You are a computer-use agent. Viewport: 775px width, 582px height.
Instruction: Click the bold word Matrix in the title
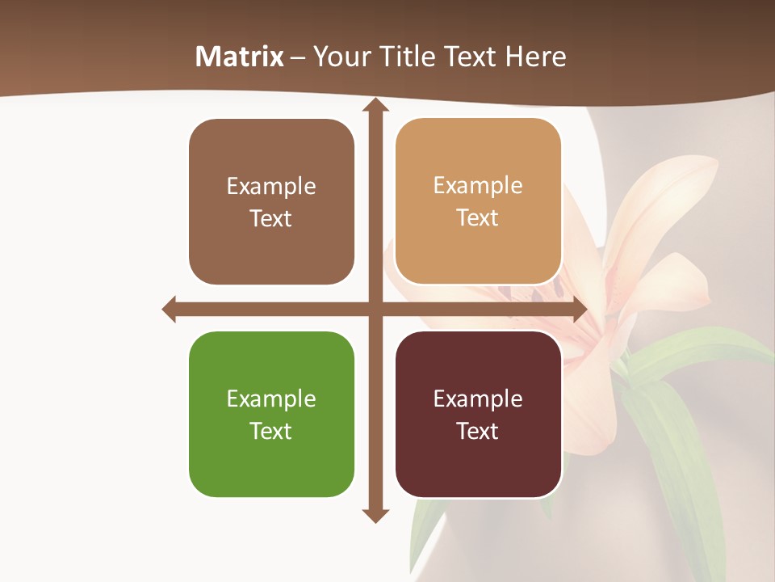tap(240, 57)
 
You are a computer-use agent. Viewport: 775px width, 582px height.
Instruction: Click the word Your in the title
tap(337, 57)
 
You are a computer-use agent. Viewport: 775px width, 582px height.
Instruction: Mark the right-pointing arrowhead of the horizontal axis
tap(579, 309)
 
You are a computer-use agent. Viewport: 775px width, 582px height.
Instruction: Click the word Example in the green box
tap(271, 399)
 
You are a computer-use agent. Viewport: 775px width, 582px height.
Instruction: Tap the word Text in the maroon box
tap(478, 431)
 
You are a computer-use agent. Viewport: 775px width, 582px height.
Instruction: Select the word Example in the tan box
tap(478, 186)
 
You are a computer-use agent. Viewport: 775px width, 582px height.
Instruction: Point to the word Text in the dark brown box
tap(271, 218)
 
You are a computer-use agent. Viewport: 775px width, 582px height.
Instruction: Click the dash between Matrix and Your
tap(298, 57)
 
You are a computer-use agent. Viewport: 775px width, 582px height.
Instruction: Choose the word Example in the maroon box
tap(478, 399)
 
